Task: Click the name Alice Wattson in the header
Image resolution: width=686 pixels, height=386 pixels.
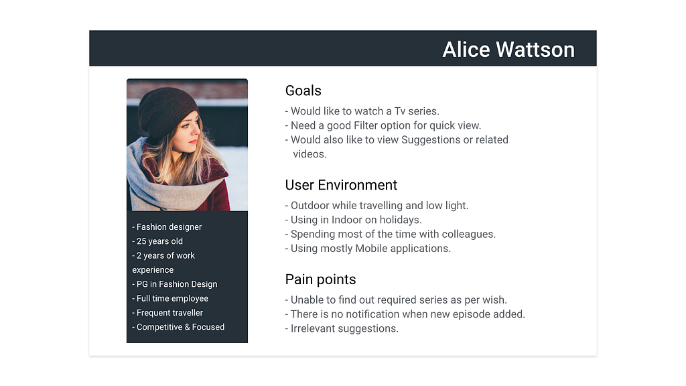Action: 508,50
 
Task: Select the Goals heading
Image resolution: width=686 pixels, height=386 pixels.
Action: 303,90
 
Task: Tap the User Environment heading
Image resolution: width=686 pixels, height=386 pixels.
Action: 341,185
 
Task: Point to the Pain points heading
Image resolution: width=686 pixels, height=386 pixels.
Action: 321,279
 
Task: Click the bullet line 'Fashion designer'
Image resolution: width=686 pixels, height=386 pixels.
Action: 167,227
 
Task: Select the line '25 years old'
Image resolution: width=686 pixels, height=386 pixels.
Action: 157,241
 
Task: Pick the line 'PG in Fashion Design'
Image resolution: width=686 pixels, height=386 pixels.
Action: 175,284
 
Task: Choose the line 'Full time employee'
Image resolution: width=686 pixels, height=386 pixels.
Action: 170,298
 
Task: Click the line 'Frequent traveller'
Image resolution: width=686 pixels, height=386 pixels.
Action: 167,313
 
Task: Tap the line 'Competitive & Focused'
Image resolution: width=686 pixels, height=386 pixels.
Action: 178,327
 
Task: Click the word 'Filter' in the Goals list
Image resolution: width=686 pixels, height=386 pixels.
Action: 366,125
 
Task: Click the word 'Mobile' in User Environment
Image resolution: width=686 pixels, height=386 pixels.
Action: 371,249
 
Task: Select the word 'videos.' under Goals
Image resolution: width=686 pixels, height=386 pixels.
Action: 310,154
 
